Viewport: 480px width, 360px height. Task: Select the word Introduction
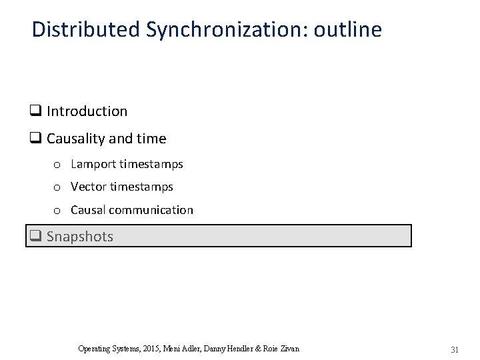(87, 111)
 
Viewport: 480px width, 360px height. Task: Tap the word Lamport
(93, 164)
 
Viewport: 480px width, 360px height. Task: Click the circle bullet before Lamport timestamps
(58, 165)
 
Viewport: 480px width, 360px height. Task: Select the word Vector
(88, 187)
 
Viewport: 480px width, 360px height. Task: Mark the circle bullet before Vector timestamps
(58, 187)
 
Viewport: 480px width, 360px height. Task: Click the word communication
(151, 210)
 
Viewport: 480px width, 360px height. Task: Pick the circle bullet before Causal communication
(58, 211)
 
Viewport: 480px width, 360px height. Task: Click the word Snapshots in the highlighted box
(80, 236)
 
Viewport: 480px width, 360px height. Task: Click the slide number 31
(455, 349)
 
